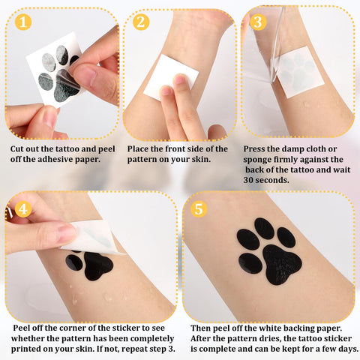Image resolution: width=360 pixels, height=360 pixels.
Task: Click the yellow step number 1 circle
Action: pyautogui.click(x=23, y=22)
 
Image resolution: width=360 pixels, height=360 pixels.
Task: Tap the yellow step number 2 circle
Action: pyautogui.click(x=141, y=22)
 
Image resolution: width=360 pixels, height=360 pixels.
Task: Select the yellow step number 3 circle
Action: pyautogui.click(x=258, y=22)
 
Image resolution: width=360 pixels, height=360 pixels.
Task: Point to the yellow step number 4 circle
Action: pyautogui.click(x=23, y=209)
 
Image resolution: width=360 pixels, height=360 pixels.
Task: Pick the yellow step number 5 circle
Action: pyautogui.click(x=199, y=208)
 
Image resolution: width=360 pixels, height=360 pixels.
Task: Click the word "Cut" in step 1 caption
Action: pyautogui.click(x=17, y=149)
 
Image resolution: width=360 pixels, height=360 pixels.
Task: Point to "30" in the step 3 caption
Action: pyautogui.click(x=249, y=180)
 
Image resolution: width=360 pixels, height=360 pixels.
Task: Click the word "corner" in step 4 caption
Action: pyautogui.click(x=74, y=328)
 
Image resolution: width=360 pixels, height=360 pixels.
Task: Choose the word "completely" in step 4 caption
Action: pyautogui.click(x=152, y=339)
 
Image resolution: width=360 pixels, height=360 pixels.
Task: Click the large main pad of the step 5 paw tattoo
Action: pyautogui.click(x=282, y=264)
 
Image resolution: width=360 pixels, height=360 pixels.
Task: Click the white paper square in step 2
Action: pyautogui.click(x=170, y=77)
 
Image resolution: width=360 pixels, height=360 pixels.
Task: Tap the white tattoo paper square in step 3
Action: pyautogui.click(x=298, y=72)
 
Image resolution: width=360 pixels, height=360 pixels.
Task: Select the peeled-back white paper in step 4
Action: pyautogui.click(x=91, y=238)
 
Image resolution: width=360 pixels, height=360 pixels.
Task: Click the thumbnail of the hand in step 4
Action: pyautogui.click(x=65, y=233)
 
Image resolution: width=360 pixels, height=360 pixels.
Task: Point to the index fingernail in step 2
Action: pyautogui.click(x=180, y=79)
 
